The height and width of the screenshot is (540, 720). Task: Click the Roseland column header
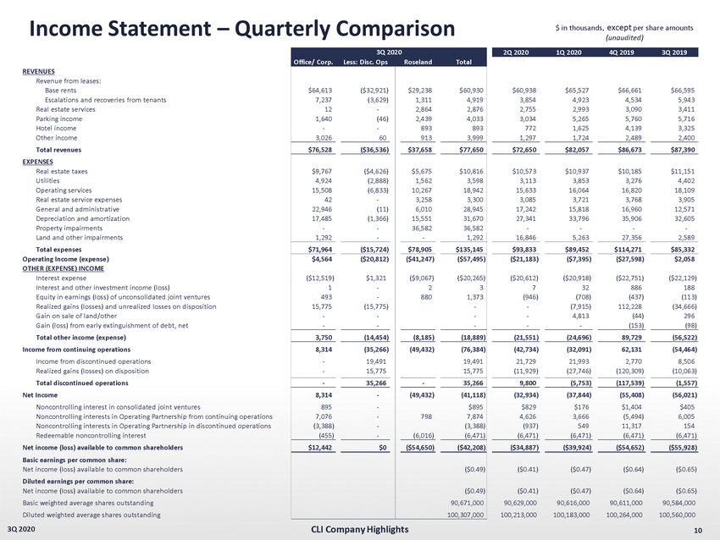click(419, 62)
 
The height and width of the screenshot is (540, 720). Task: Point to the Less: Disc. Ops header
click(366, 62)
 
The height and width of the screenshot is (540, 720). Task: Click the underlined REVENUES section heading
click(39, 71)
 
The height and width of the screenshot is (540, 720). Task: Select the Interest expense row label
click(61, 278)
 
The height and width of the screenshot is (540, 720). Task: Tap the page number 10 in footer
click(697, 531)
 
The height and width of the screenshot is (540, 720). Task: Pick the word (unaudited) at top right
click(624, 37)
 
